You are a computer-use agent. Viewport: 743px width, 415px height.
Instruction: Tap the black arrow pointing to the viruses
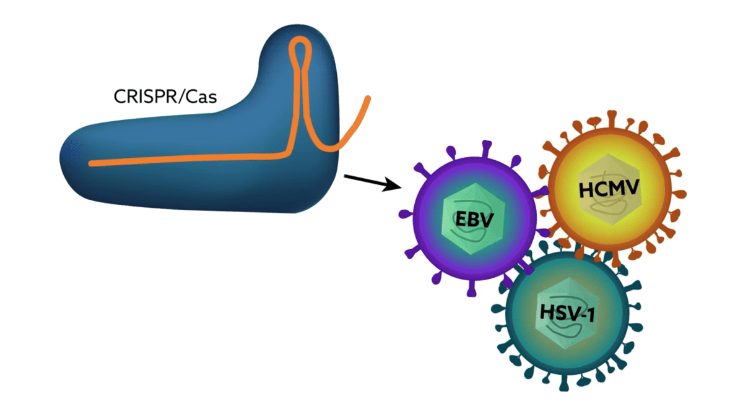pos(370,182)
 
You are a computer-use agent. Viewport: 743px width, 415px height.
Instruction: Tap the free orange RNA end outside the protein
pos(367,101)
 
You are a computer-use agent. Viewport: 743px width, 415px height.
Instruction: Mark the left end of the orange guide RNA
pos(92,163)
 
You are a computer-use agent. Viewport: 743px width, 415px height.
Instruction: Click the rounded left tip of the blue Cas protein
pos(63,155)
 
